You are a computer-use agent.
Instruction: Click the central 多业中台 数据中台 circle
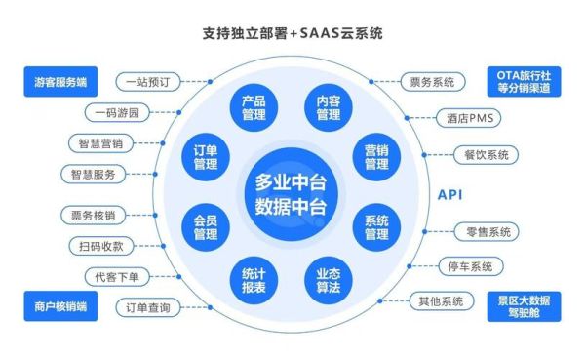pos(290,194)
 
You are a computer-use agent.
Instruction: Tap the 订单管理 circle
pos(206,156)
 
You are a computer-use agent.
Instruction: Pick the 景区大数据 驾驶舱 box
pos(526,307)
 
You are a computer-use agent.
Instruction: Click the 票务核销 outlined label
pos(93,215)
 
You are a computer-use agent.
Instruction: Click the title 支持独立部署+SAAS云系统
pos(292,33)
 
